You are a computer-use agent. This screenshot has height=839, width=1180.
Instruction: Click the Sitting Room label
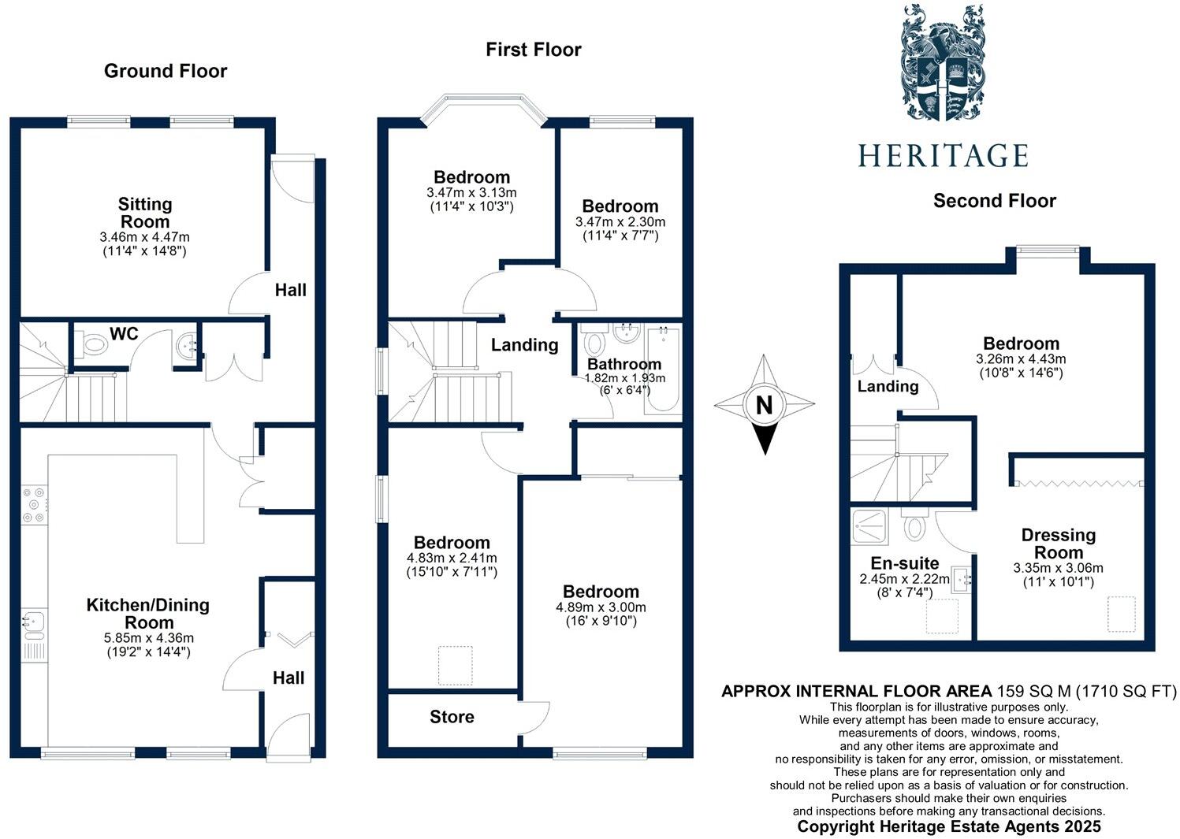145,213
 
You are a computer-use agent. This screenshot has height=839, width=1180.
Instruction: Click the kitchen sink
33,623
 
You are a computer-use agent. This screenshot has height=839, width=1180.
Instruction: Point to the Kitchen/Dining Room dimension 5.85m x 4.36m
148,638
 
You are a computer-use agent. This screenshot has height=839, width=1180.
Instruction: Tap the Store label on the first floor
452,717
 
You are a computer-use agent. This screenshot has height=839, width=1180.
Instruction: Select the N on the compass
764,406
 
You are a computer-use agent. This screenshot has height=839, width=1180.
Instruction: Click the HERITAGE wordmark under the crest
943,155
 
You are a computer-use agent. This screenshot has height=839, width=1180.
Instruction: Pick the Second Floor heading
994,201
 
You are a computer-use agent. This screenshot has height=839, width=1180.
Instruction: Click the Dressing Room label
1058,544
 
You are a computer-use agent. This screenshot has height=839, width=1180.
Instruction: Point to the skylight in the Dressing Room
1122,614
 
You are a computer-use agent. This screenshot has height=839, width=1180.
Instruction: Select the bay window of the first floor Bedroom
482,109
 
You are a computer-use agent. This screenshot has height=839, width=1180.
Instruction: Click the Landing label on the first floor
524,345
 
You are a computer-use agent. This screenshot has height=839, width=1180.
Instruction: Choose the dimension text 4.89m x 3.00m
601,607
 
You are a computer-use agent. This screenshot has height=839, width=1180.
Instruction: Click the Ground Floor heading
166,71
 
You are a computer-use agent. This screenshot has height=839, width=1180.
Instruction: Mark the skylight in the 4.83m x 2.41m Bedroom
454,664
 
